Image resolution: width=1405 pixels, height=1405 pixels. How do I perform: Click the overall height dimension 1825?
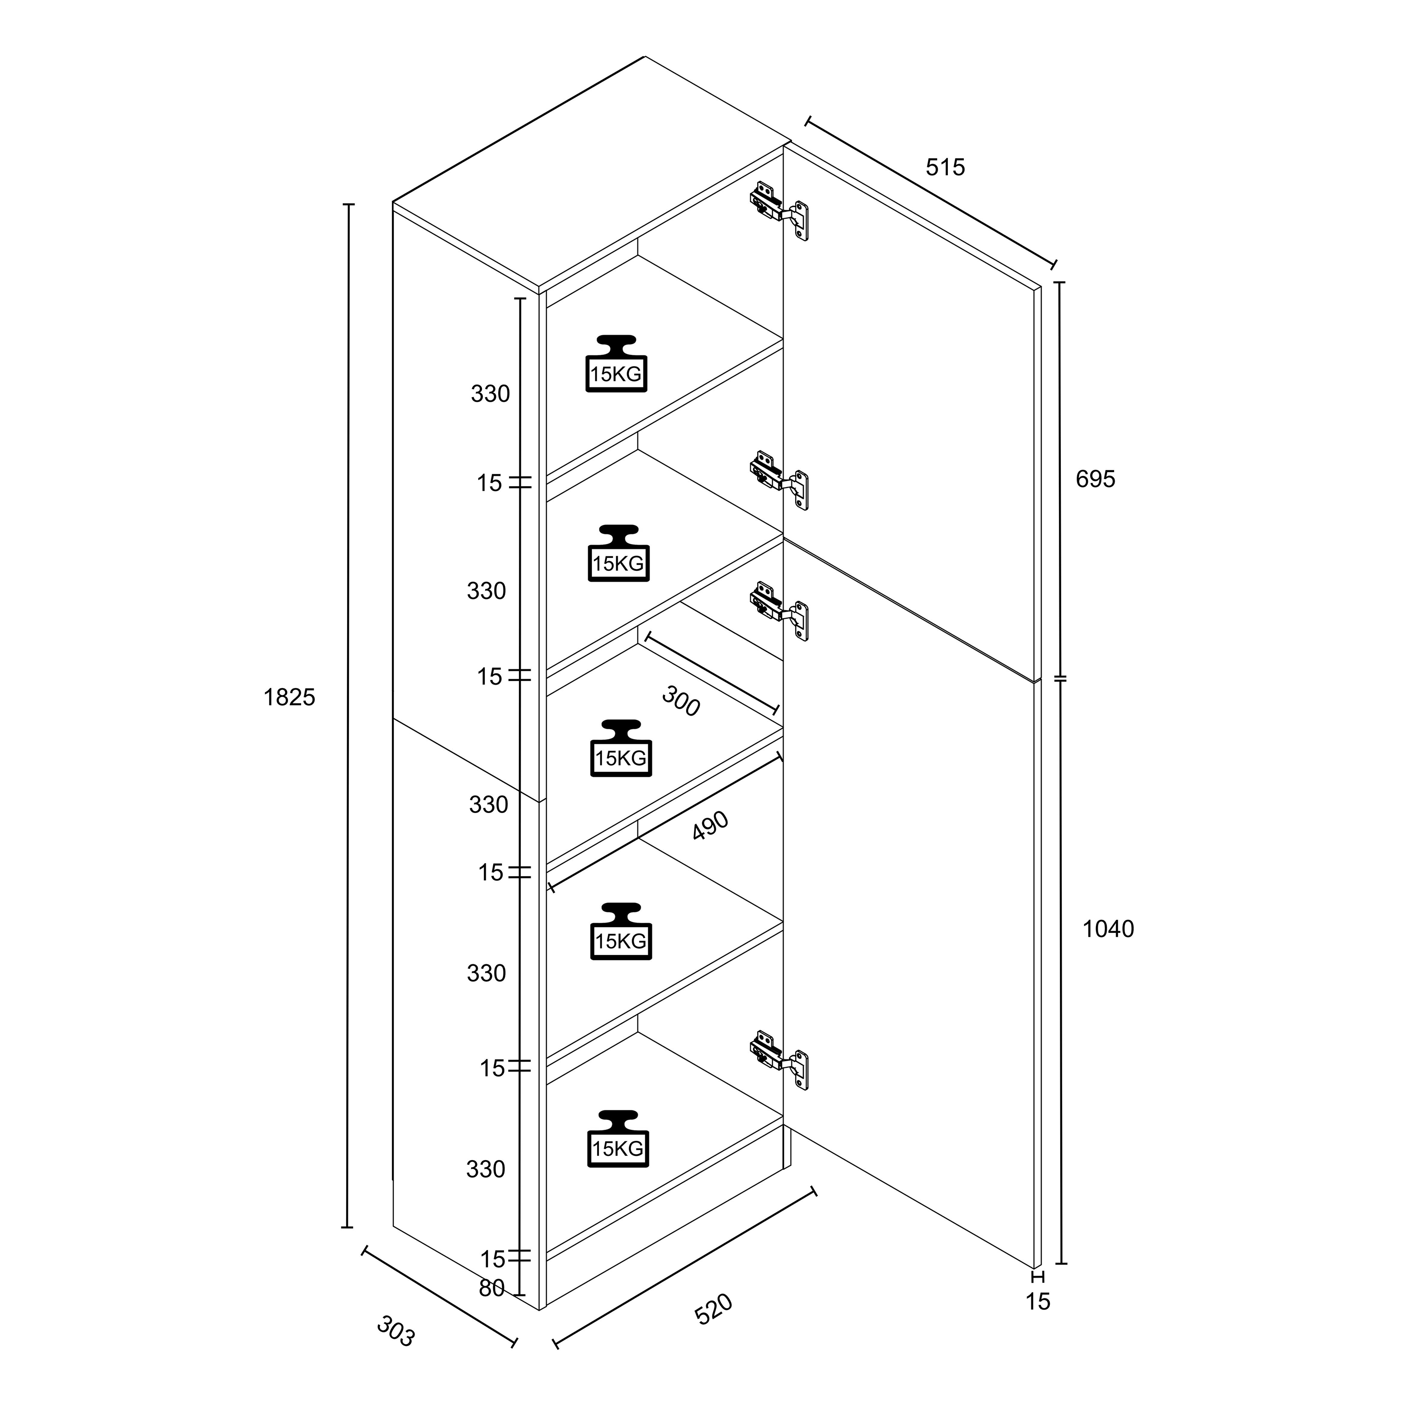pyautogui.click(x=289, y=697)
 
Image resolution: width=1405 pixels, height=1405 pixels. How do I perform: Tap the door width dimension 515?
pyautogui.click(x=946, y=167)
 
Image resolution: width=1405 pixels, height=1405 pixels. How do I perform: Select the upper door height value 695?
pyautogui.click(x=1095, y=479)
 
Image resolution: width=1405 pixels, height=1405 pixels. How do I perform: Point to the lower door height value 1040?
pyautogui.click(x=1108, y=929)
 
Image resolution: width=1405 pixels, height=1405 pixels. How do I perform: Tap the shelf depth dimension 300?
pyautogui.click(x=680, y=702)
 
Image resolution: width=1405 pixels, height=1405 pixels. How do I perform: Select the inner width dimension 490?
pyautogui.click(x=710, y=825)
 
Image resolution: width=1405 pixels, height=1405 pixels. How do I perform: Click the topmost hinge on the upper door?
pyautogui.click(x=780, y=211)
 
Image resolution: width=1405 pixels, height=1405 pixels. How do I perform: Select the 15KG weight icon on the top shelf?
pyautogui.click(x=616, y=363)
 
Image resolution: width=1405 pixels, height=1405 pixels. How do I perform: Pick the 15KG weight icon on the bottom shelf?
pyautogui.click(x=617, y=1139)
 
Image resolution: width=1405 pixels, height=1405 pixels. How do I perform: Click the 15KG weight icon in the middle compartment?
pyautogui.click(x=621, y=748)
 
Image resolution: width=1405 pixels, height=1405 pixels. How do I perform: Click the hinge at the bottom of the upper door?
pyautogui.click(x=780, y=480)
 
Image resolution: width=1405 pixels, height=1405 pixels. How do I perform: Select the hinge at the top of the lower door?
pyautogui.click(x=780, y=611)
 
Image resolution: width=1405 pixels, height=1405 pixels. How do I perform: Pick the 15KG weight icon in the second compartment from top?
pyautogui.click(x=618, y=554)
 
